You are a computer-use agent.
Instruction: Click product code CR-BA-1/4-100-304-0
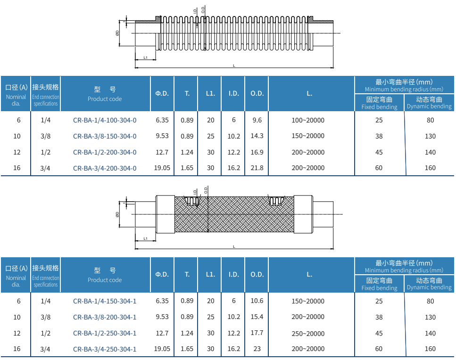click(105, 120)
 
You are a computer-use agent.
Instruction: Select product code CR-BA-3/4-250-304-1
click(105, 349)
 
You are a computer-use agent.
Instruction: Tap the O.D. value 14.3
click(257, 136)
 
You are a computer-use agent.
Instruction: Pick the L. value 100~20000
click(308, 120)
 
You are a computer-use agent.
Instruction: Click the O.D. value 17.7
click(257, 333)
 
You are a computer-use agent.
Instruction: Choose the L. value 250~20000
click(308, 334)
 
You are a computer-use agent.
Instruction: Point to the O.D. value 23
click(257, 349)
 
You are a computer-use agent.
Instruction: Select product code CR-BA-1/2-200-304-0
click(105, 152)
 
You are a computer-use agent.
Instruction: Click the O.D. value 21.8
click(257, 168)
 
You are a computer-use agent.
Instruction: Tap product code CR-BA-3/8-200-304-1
click(105, 317)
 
